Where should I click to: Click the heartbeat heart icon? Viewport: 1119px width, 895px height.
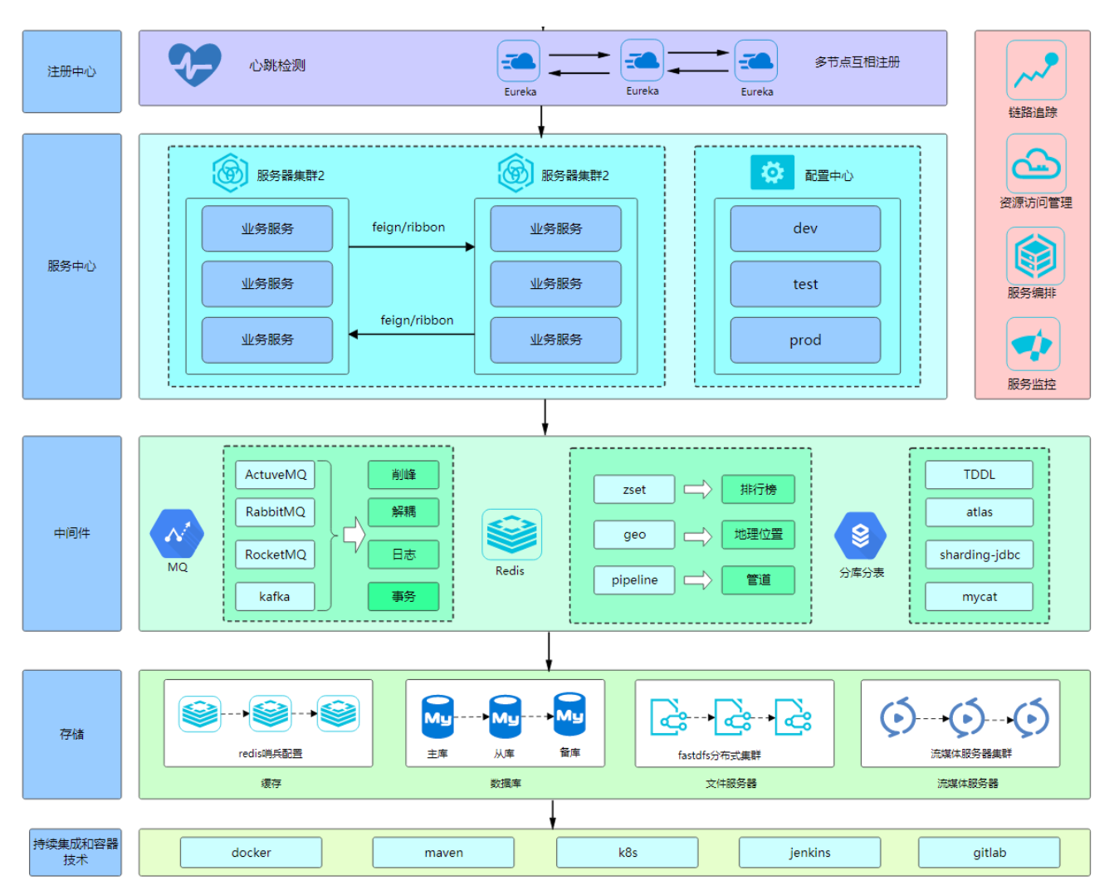[x=194, y=64]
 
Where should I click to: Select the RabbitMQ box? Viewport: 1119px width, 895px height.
[x=275, y=512]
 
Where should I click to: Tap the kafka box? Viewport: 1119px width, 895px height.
[x=275, y=596]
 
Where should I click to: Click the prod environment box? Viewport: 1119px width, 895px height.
[x=805, y=340]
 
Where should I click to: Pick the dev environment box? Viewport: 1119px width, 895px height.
[x=805, y=228]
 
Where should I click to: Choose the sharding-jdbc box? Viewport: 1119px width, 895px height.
[x=980, y=555]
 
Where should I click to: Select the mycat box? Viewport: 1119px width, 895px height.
[x=980, y=596]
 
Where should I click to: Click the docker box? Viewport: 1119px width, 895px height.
[x=251, y=853]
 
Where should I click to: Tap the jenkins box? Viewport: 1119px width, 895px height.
[x=809, y=853]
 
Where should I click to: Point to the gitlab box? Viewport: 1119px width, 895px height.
[x=989, y=853]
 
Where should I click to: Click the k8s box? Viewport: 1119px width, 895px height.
[x=627, y=853]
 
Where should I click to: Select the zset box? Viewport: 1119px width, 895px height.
[x=634, y=490]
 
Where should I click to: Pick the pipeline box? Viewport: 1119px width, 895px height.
[x=634, y=580]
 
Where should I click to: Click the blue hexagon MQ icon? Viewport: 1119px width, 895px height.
[x=177, y=534]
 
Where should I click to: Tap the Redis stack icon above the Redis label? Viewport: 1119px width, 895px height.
[x=511, y=534]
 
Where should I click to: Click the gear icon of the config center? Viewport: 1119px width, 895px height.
[x=772, y=173]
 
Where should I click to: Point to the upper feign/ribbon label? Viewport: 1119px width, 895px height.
[x=408, y=227]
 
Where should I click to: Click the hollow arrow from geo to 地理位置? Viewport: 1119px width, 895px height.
[x=697, y=536]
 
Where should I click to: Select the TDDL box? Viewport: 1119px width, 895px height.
[x=980, y=475]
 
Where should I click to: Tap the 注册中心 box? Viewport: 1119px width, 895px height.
[x=72, y=71]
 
